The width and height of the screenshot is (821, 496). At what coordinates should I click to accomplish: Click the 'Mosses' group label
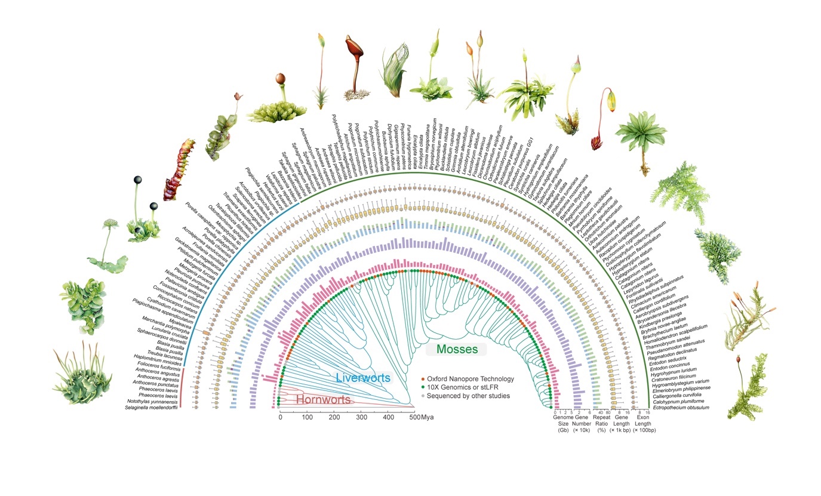click(457, 349)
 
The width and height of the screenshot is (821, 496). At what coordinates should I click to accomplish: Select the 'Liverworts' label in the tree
click(363, 378)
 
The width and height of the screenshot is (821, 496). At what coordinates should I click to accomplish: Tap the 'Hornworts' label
click(322, 399)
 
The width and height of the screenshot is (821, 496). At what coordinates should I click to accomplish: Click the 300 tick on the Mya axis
click(361, 417)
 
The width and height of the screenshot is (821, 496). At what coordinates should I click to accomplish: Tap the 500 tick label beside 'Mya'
click(414, 417)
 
